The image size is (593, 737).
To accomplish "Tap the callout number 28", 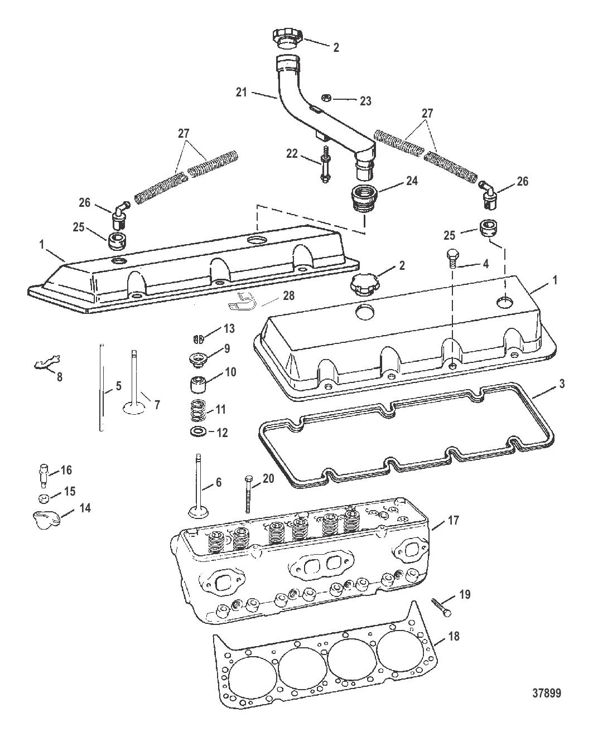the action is click(x=288, y=295).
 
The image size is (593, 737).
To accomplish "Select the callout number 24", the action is click(x=412, y=181).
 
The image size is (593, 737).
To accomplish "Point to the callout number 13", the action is click(x=229, y=328).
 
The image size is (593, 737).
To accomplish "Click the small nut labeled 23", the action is click(x=326, y=98).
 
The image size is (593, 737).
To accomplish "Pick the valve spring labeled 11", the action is click(x=198, y=411).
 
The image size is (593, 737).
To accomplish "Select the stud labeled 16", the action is click(x=44, y=476).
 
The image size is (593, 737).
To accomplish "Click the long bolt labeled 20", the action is click(x=248, y=494).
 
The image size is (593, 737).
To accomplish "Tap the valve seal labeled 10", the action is click(x=198, y=385).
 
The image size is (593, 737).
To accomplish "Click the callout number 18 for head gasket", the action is click(x=454, y=636).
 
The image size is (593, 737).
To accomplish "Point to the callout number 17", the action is click(x=453, y=521).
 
